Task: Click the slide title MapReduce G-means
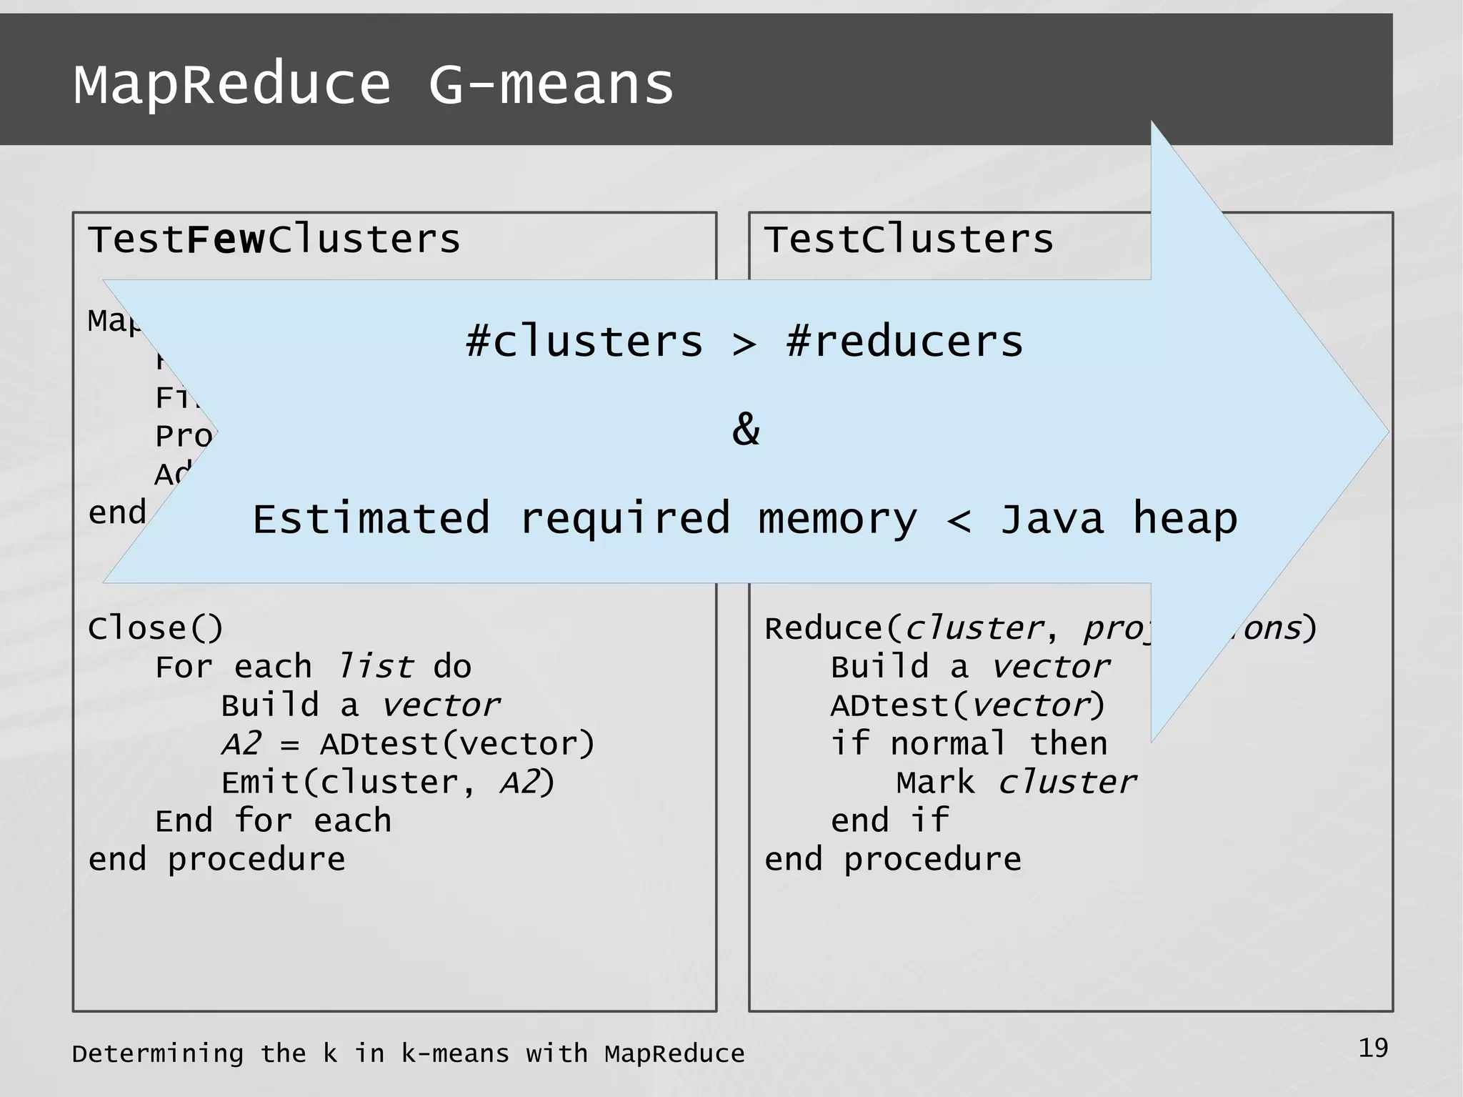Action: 374,84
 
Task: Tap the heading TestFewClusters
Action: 274,239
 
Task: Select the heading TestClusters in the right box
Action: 909,239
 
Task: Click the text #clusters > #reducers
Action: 744,342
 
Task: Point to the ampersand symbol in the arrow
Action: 746,430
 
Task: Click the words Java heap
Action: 1119,519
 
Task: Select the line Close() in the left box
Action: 156,629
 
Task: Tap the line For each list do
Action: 313,667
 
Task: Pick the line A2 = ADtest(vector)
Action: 407,745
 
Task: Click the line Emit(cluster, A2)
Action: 387,783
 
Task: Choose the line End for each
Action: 274,821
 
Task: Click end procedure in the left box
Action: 216,860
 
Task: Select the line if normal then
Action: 969,745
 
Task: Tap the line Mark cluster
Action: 1016,783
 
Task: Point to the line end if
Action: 890,821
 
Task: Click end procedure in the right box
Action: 893,860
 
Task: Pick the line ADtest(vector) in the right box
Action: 968,706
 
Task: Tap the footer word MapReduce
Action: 674,1054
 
